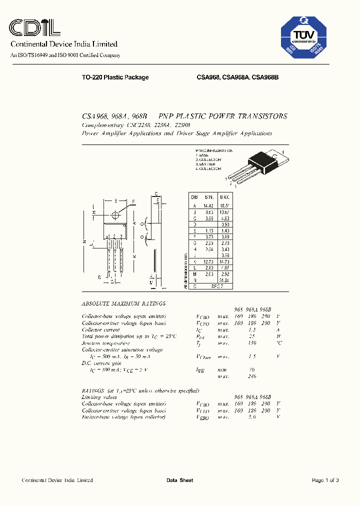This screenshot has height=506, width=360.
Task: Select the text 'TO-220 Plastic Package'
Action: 115,77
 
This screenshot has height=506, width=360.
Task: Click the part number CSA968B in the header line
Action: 265,77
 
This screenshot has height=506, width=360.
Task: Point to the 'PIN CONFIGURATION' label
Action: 214,150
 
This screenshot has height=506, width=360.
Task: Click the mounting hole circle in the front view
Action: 115,215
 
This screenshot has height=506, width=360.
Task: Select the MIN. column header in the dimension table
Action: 208,197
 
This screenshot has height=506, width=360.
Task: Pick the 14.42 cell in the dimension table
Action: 208,205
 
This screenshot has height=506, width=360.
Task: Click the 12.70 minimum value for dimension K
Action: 208,261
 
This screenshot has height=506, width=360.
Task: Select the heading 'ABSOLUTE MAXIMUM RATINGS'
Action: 123,303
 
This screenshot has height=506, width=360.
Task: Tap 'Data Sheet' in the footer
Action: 179,480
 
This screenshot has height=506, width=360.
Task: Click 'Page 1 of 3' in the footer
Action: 325,480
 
